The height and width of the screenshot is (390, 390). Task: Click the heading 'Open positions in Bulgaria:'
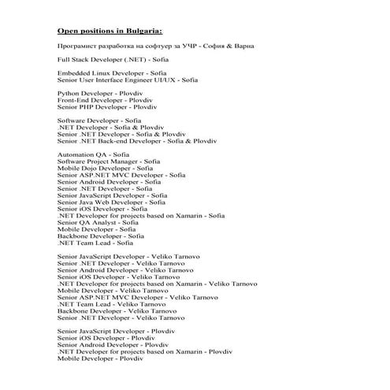110,32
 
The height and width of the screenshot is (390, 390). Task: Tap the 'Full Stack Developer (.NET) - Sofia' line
113,60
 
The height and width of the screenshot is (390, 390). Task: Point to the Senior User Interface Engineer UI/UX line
128,80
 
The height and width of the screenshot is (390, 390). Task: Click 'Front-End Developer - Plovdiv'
104,99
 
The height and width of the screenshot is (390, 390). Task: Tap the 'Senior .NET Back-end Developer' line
136,140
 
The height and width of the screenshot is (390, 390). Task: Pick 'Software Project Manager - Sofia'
108,161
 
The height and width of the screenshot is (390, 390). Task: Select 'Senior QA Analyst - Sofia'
98,222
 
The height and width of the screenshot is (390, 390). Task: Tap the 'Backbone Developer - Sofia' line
100,236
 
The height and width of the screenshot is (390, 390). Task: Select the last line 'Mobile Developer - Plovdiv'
100,358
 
